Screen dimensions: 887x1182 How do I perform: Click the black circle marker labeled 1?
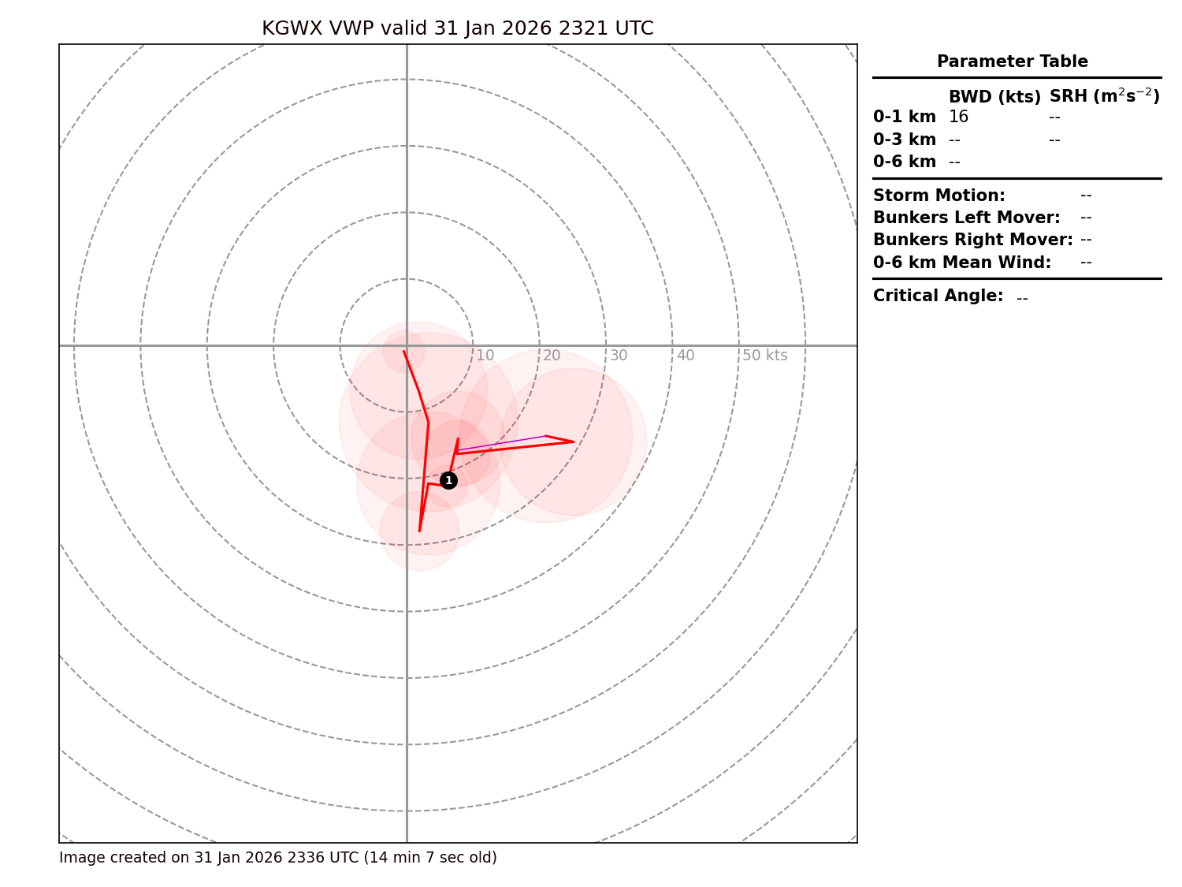[448, 480]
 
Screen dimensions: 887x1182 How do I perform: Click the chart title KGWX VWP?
[457, 29]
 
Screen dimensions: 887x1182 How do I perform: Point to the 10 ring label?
[485, 356]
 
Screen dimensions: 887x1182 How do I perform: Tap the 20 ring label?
[552, 356]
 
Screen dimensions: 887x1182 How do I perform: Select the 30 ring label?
[619, 356]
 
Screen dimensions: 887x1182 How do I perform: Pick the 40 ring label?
[686, 356]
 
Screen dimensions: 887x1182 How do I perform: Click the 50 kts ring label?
[764, 356]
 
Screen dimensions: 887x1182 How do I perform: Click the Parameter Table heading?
[1012, 61]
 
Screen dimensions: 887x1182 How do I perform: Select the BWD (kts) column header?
[994, 97]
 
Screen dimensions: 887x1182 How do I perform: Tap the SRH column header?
[1104, 96]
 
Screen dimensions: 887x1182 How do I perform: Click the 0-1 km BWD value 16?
[958, 117]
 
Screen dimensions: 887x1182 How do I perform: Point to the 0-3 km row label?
[905, 140]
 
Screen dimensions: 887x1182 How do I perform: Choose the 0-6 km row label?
[905, 162]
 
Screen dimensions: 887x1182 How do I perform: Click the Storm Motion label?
[939, 196]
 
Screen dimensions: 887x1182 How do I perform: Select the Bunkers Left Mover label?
[966, 218]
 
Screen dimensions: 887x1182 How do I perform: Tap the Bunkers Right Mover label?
[972, 240]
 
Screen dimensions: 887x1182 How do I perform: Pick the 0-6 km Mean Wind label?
[961, 263]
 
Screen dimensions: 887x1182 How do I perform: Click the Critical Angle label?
[938, 296]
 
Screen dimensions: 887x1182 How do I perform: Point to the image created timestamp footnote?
[277, 858]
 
